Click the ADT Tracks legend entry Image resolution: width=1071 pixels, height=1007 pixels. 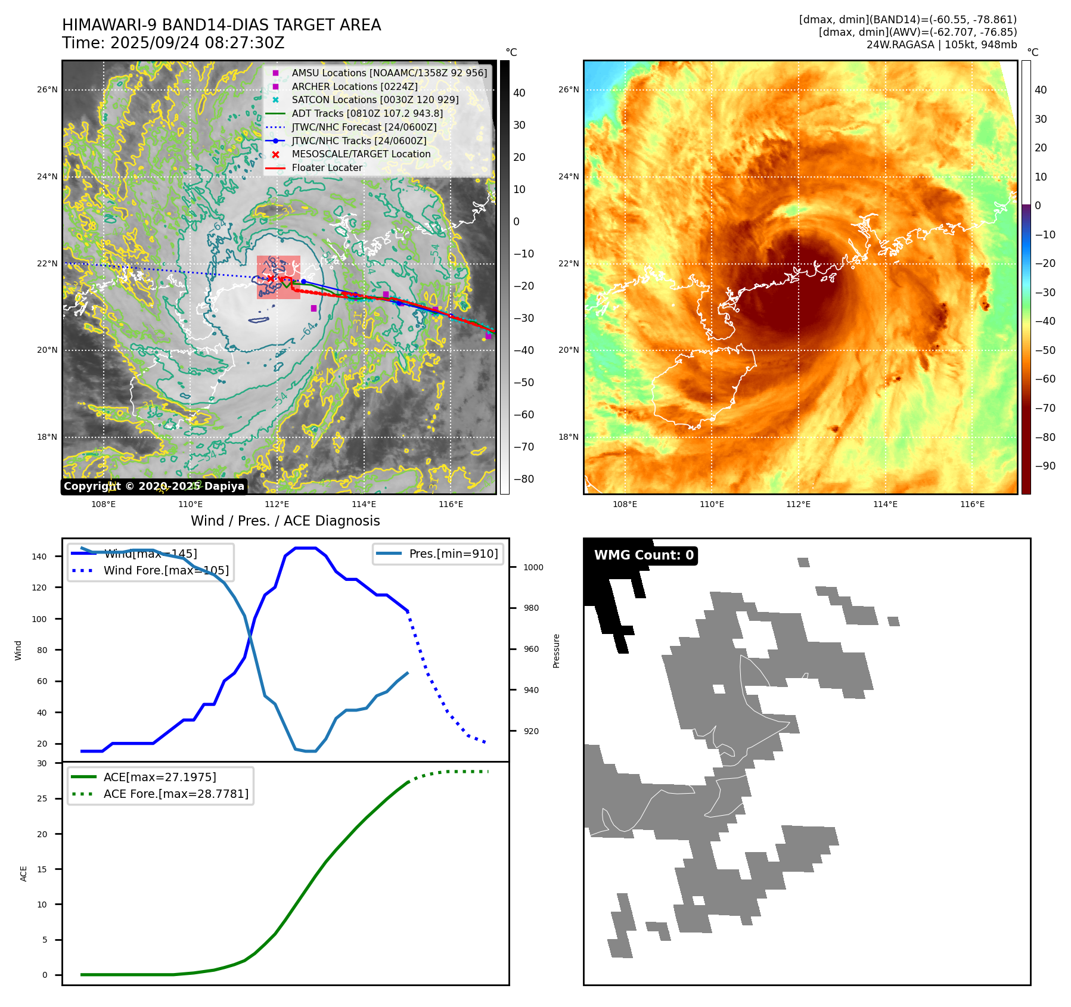click(367, 113)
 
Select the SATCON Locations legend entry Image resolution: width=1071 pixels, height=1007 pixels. click(375, 100)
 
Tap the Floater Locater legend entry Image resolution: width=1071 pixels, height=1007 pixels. click(327, 167)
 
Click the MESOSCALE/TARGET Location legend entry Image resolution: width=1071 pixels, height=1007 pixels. click(361, 154)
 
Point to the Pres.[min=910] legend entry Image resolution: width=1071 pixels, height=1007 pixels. click(453, 554)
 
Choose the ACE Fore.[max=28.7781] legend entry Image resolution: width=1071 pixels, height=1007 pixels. click(176, 794)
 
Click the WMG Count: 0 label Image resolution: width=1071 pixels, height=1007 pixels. click(644, 555)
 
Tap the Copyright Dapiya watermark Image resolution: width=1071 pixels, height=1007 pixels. click(154, 486)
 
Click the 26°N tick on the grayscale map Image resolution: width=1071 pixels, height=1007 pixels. click(48, 90)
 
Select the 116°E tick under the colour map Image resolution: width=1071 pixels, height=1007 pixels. click(972, 504)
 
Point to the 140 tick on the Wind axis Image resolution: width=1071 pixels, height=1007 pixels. click(39, 557)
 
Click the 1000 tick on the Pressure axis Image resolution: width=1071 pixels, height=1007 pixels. click(533, 567)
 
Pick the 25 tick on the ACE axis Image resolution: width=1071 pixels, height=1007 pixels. click(42, 798)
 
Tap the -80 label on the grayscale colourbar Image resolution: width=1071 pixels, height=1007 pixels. click(524, 479)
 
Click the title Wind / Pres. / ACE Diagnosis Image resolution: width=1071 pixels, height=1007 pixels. click(285, 521)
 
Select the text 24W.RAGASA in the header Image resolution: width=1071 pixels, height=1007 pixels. click(900, 45)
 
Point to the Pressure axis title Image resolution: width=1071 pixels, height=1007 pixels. click(557, 651)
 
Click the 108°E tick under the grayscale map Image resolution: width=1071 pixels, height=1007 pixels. click(104, 504)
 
